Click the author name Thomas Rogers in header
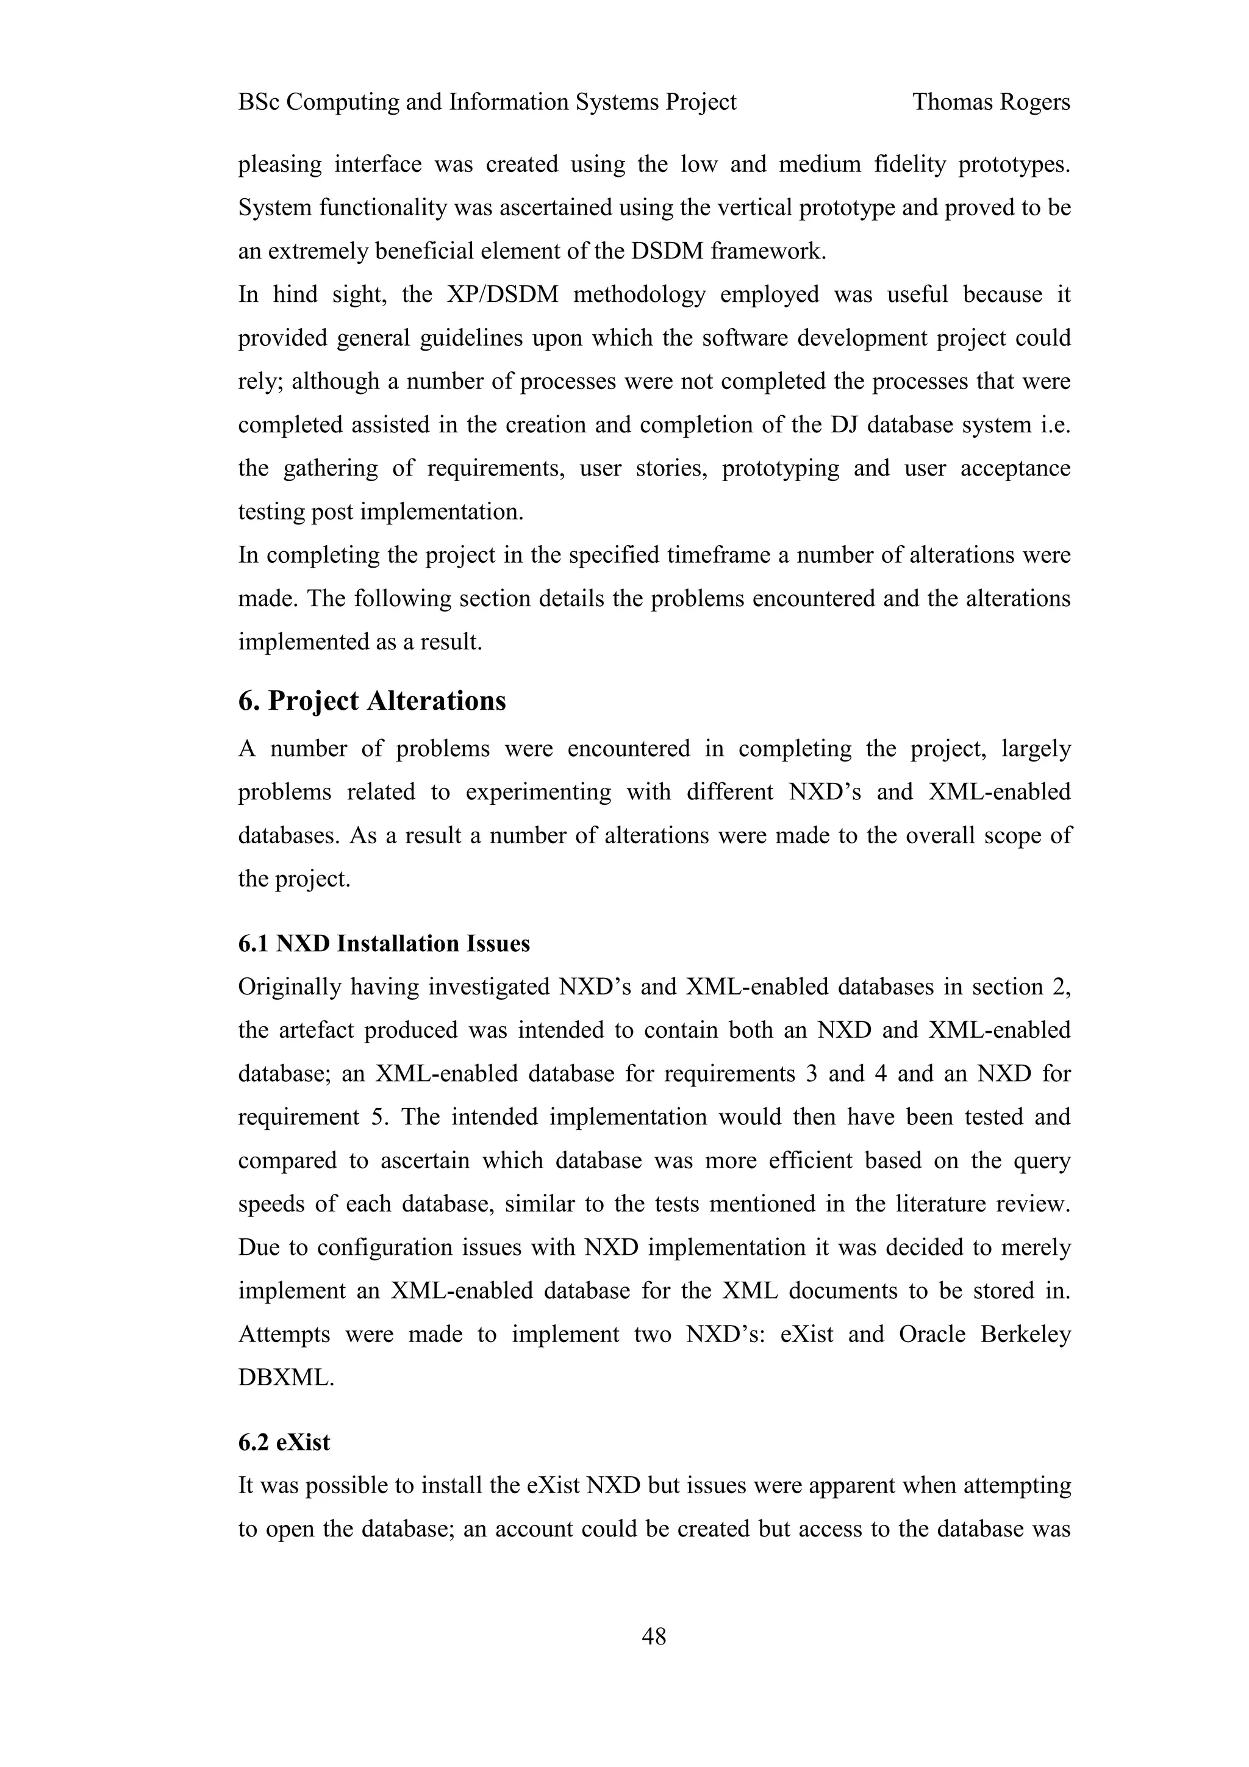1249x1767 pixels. point(990,102)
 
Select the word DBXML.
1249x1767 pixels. point(285,1377)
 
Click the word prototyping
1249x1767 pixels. point(781,469)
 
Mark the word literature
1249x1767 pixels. point(944,1204)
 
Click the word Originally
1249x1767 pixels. point(289,987)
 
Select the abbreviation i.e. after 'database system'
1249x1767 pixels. point(1055,425)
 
